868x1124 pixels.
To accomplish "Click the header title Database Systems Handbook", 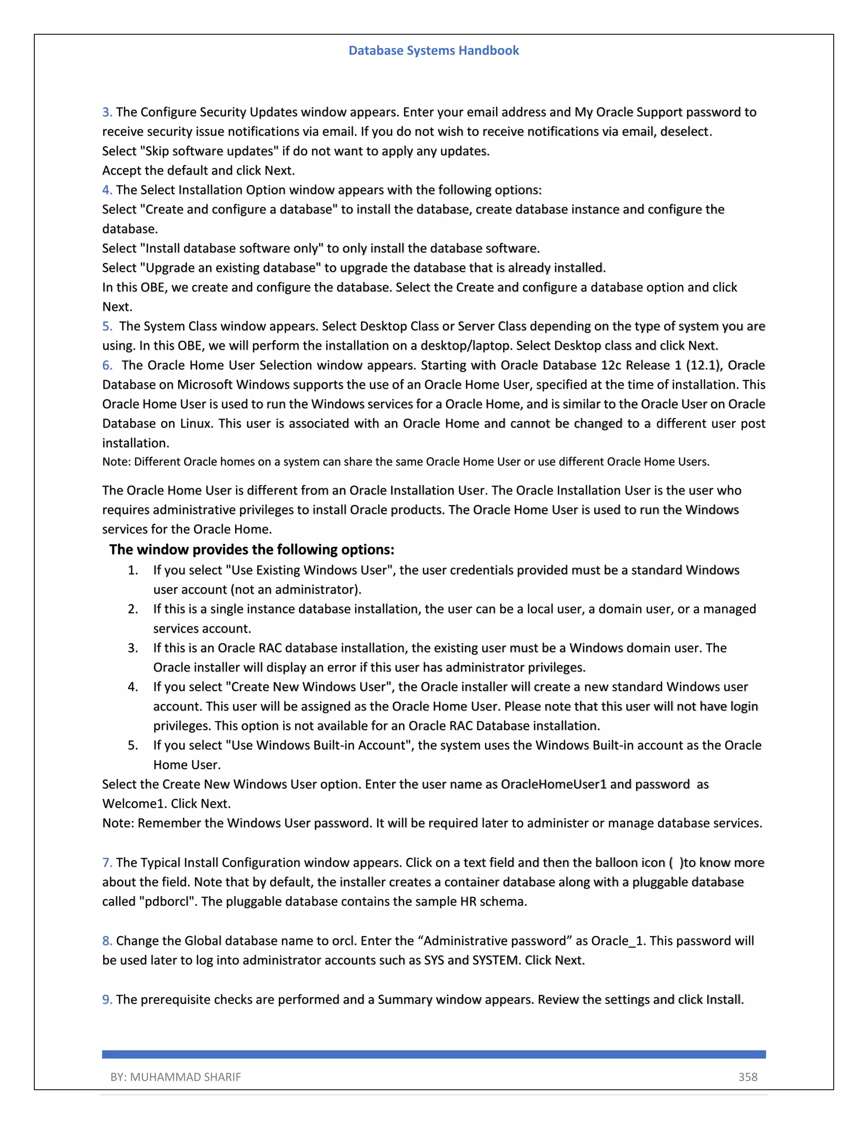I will (x=434, y=50).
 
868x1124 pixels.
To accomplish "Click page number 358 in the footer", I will (x=748, y=1076).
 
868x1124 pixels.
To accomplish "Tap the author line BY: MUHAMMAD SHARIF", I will (x=175, y=1076).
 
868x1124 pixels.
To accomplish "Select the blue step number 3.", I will (x=107, y=112).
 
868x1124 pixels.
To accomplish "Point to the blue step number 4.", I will (x=107, y=190).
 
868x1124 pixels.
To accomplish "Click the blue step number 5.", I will (x=107, y=326).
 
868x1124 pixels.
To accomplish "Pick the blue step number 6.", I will (x=107, y=365).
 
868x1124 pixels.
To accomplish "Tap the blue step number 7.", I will (x=107, y=863).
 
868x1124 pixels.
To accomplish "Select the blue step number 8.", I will (x=107, y=941).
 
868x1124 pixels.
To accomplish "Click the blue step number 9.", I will (x=107, y=999).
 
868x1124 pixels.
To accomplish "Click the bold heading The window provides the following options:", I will (x=251, y=550).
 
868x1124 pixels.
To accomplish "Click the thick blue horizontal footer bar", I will (x=434, y=1054).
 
